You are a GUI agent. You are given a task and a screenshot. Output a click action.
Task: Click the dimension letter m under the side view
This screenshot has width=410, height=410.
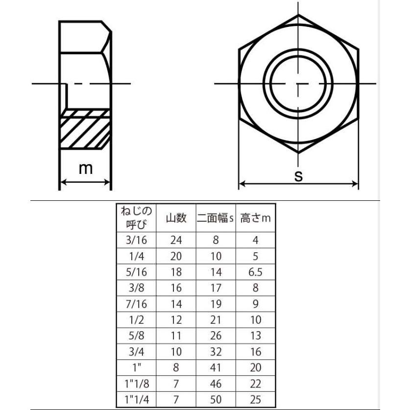(x=86, y=169)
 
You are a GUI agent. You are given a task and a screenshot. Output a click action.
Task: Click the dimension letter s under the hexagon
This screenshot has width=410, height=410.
(x=298, y=176)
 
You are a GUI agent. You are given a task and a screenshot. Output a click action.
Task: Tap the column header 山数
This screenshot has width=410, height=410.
(x=176, y=218)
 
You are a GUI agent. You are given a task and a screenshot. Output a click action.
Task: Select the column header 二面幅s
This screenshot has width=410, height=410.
(x=215, y=218)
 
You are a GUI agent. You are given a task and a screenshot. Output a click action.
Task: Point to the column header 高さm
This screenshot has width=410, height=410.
(x=256, y=218)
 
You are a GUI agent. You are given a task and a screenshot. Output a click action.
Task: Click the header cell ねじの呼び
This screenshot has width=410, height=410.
(x=136, y=217)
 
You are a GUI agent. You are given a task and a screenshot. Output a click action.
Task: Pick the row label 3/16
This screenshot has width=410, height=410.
(x=136, y=240)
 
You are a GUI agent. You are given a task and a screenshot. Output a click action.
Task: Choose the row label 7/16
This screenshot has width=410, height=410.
(x=136, y=304)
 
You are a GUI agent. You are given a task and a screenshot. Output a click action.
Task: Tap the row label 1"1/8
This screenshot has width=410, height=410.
(x=137, y=384)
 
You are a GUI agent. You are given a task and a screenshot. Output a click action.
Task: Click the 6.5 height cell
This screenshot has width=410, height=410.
(x=256, y=272)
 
